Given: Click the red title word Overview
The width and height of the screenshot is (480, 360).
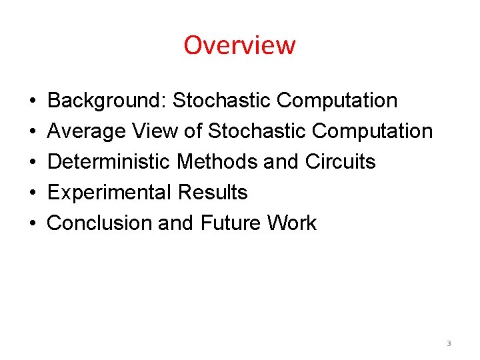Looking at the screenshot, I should (x=239, y=45).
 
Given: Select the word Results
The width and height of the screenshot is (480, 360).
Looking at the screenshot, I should (x=213, y=193).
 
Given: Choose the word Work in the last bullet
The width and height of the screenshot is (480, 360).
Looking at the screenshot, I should (x=292, y=223).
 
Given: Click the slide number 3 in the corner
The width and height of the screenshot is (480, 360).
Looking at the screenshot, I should (x=449, y=343).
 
